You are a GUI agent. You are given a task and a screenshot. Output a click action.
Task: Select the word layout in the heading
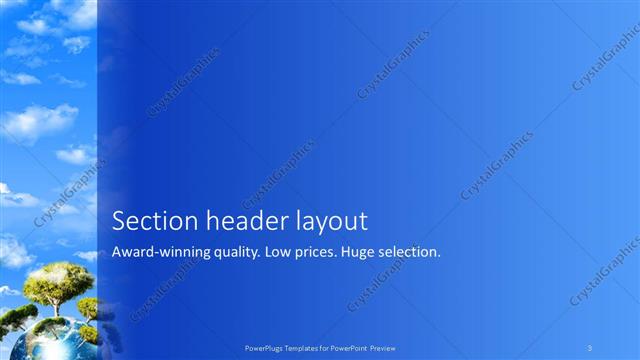(332, 221)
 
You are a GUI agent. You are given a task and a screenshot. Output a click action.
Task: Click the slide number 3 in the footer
(590, 347)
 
